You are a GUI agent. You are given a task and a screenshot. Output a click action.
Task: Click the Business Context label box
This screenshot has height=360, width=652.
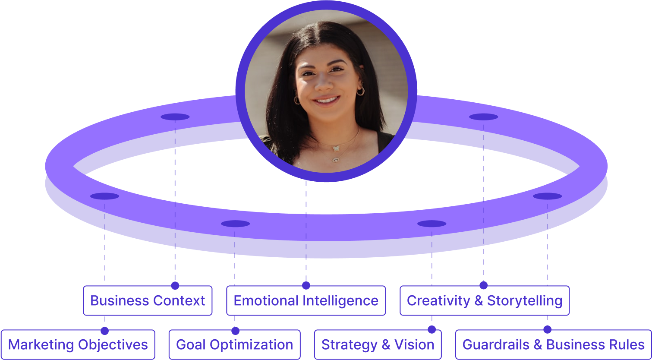(148, 300)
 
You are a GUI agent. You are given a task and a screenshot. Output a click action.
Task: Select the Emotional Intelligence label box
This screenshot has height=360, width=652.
(306, 300)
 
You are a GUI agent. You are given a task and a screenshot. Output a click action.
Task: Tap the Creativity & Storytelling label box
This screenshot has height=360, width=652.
(485, 300)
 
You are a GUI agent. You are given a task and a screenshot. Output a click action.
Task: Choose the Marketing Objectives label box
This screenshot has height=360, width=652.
(78, 344)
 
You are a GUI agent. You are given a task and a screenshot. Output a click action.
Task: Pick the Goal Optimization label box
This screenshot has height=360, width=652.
(234, 344)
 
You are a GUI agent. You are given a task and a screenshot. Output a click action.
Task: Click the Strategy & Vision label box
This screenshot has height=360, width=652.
(378, 344)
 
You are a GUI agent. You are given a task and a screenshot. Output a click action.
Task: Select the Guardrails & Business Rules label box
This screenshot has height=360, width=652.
(553, 344)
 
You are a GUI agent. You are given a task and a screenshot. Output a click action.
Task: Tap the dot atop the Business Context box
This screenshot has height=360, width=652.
(175, 285)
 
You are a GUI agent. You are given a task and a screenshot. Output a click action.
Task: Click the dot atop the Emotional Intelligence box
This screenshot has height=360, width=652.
(306, 285)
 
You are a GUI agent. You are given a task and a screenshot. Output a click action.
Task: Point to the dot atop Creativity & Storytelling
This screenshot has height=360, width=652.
(483, 285)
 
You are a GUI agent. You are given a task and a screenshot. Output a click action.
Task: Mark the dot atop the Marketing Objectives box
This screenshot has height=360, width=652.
(104, 331)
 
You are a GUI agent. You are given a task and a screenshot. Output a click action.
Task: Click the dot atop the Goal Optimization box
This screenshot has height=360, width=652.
(235, 331)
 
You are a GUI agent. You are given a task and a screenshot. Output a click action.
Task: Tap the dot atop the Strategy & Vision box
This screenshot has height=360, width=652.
(432, 330)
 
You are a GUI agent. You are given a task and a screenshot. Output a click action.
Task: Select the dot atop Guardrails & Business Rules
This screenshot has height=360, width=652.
(547, 330)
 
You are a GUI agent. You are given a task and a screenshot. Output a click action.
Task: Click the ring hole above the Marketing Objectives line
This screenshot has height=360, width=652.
(104, 196)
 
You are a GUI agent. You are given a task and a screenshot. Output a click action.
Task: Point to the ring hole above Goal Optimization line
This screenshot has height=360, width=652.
(235, 224)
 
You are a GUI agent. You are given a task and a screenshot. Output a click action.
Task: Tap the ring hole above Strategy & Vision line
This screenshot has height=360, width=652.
(432, 224)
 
